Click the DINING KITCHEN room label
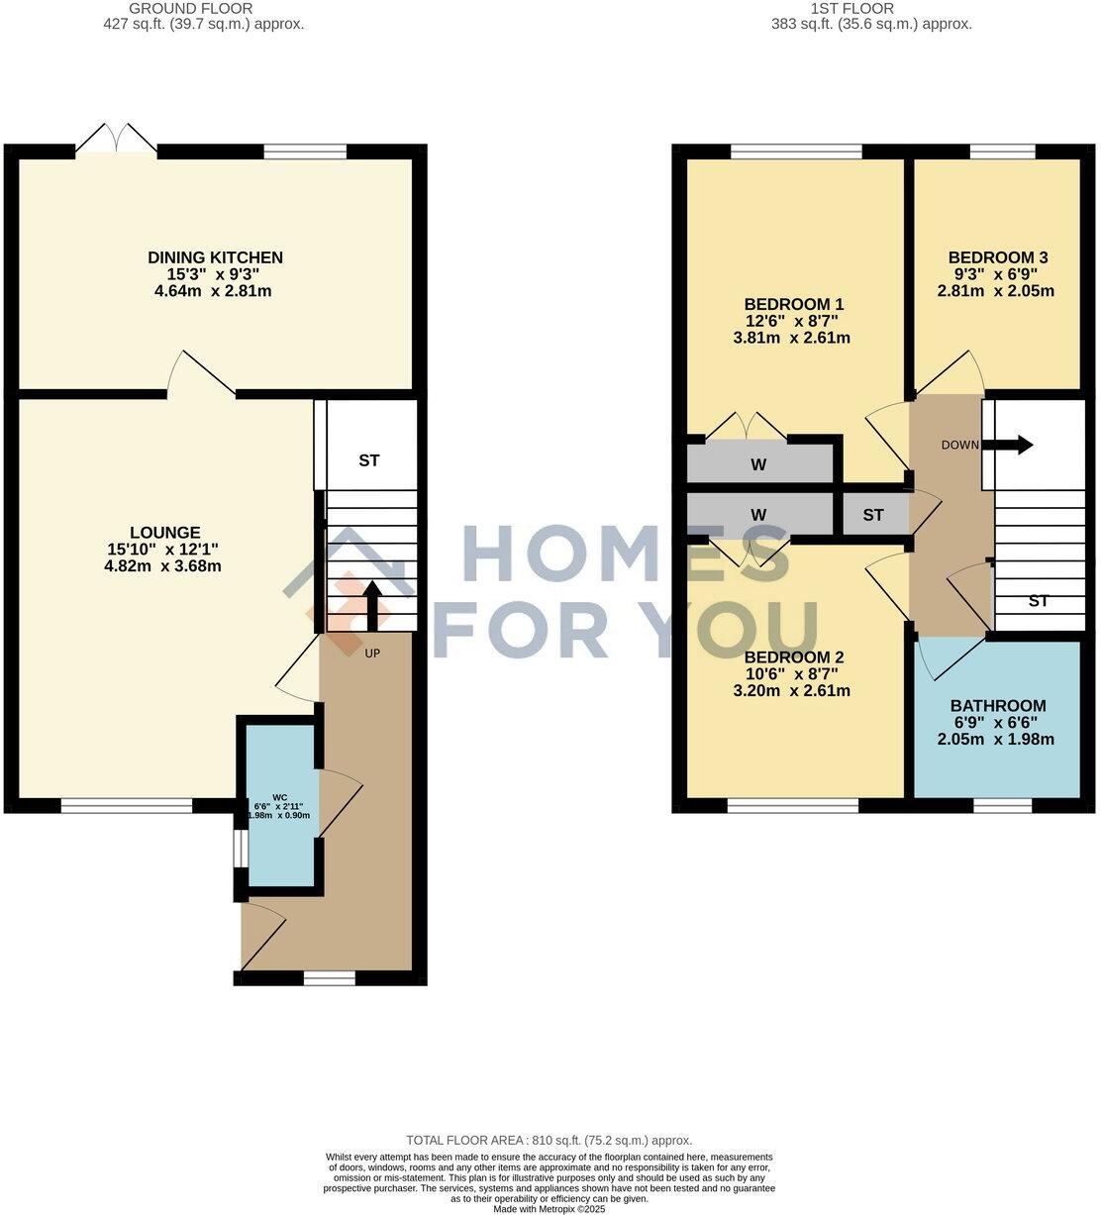(x=215, y=257)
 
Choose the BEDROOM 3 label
(x=997, y=257)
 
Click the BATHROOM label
(x=997, y=706)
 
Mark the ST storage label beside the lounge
(x=369, y=460)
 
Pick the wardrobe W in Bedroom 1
(x=758, y=463)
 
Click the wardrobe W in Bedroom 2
(x=758, y=515)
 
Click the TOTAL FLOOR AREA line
(x=550, y=1141)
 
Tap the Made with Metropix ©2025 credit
(x=550, y=1208)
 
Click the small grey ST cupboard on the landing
(x=873, y=515)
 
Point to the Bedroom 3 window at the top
(x=1002, y=152)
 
